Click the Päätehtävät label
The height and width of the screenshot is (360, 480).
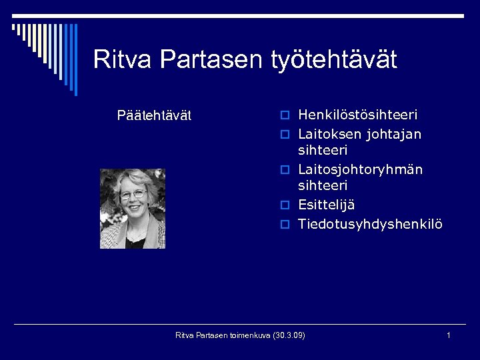[154, 115]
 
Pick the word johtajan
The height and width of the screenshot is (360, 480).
[395, 134]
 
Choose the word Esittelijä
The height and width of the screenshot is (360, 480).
[326, 205]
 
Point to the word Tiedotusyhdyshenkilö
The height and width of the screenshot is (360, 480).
[369, 223]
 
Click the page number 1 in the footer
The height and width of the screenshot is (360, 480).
[449, 335]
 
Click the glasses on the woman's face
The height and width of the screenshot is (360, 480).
[133, 195]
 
